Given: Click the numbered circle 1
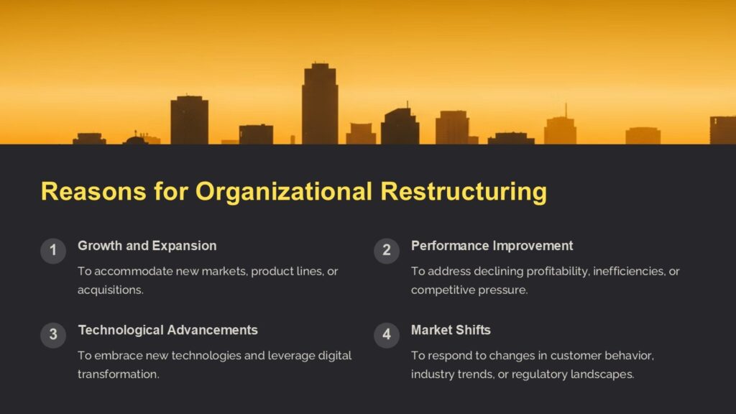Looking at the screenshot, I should [x=52, y=251].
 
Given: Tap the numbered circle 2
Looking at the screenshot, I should [x=386, y=251].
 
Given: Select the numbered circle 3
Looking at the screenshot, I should [x=52, y=335].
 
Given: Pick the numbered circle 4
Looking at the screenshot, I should [x=386, y=335].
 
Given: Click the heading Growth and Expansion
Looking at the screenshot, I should [x=147, y=246].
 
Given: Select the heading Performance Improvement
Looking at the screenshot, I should [x=492, y=246].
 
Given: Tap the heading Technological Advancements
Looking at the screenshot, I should [x=167, y=330].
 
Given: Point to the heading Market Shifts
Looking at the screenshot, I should [x=451, y=330].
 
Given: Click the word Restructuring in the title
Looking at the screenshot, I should [x=464, y=192].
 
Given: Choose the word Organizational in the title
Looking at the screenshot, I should [x=285, y=192].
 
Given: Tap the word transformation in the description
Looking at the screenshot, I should [x=118, y=374].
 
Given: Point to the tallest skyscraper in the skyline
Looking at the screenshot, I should [x=319, y=103].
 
